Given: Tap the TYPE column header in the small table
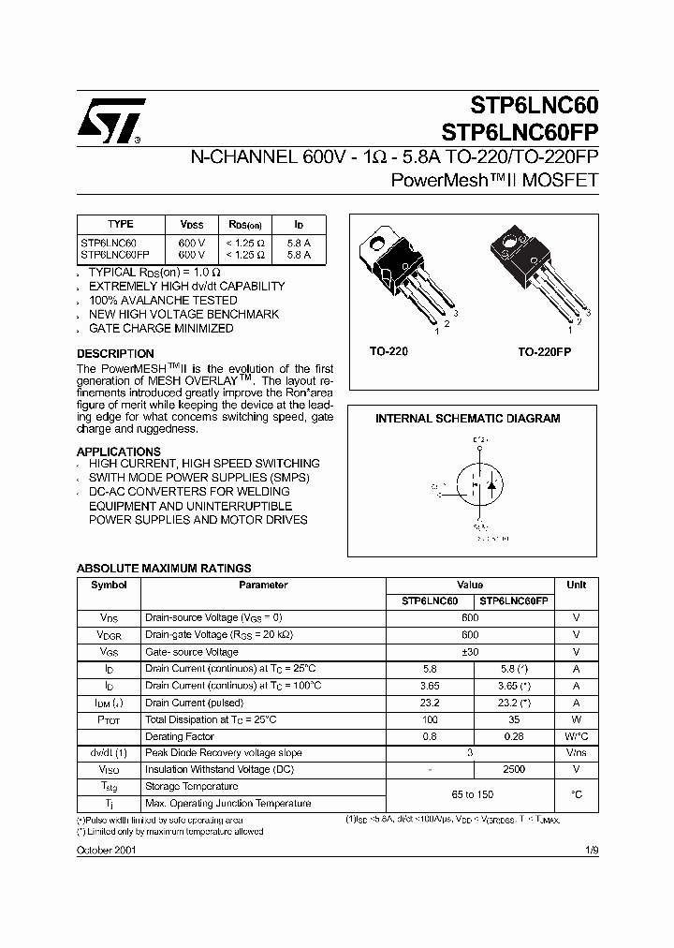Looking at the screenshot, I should click(x=121, y=225).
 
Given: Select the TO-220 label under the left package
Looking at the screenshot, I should click(x=388, y=350).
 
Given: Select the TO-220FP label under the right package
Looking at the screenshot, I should click(x=545, y=350).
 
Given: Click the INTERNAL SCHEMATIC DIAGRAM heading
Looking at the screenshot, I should click(x=468, y=419).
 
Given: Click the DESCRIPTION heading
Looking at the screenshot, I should click(x=115, y=354).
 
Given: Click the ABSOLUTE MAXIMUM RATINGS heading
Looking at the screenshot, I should click(x=164, y=569).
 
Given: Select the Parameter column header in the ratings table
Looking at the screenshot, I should click(x=263, y=585).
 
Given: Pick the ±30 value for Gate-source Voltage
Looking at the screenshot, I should click(x=470, y=652).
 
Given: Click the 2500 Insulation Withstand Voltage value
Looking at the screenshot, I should click(x=513, y=770).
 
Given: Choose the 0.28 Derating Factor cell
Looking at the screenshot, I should click(x=513, y=736).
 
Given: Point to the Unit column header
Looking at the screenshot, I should click(x=577, y=585).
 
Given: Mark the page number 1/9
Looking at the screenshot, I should click(x=592, y=849).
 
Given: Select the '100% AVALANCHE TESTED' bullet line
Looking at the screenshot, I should click(x=163, y=301).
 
